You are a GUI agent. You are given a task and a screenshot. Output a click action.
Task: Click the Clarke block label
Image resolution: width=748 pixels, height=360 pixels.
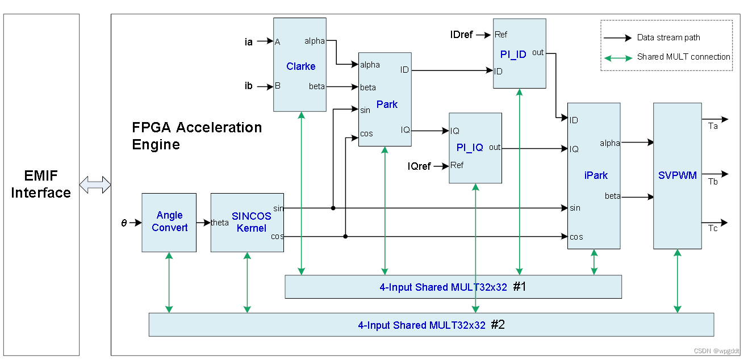click(300, 66)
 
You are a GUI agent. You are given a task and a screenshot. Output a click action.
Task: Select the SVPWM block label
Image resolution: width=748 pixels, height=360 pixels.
click(677, 175)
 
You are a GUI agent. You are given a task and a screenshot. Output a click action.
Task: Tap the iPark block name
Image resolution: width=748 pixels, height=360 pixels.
click(596, 175)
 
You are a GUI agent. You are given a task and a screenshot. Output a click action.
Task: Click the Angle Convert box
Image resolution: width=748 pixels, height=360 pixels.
click(169, 221)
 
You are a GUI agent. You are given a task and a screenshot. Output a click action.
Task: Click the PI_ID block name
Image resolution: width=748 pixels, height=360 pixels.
click(513, 54)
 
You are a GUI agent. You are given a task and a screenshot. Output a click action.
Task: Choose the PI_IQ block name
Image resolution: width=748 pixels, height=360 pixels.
click(470, 148)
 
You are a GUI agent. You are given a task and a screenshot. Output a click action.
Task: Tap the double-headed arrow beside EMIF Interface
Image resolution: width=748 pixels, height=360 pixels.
click(95, 185)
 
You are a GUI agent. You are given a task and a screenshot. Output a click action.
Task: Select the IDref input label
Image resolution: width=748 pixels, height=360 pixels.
click(461, 35)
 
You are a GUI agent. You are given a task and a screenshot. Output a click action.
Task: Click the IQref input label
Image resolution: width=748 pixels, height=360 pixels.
click(419, 166)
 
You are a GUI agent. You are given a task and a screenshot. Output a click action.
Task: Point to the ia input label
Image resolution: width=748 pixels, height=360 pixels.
click(248, 41)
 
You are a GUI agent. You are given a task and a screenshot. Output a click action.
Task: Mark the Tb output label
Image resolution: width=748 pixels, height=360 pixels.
click(713, 182)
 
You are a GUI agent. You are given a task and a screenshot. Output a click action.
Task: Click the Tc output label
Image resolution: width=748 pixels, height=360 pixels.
click(713, 228)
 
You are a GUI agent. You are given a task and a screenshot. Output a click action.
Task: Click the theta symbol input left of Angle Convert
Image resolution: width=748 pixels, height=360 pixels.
click(124, 223)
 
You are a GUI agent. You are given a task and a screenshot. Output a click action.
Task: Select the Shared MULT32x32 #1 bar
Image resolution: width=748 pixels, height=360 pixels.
click(453, 287)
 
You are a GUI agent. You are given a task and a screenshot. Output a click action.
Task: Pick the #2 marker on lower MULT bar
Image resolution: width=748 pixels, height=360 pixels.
click(498, 325)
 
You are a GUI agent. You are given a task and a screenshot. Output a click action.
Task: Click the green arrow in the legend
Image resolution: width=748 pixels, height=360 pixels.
click(618, 57)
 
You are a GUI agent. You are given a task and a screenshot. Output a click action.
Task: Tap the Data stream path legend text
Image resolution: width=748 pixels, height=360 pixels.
click(668, 38)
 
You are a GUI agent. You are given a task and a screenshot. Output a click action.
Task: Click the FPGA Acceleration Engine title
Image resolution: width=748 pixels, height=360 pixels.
click(197, 135)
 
